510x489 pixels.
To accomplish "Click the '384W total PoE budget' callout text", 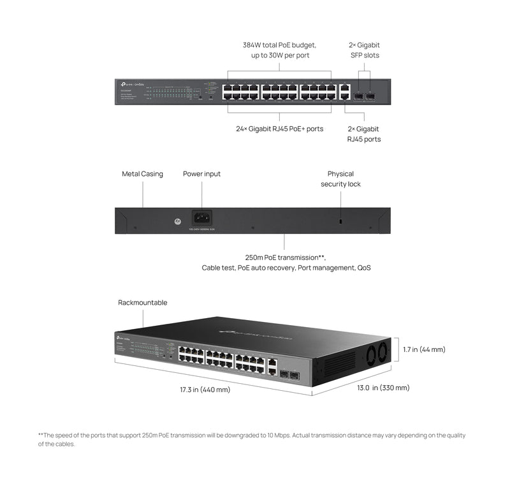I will (279, 45).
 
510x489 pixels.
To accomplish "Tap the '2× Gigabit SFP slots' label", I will (364, 50).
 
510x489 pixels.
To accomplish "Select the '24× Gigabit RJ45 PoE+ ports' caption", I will (279, 129).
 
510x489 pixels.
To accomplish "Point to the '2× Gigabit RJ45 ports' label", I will (364, 134).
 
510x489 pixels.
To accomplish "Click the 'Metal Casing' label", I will (142, 174).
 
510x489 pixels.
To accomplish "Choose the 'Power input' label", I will (201, 174).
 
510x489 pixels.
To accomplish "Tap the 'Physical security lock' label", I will (340, 179).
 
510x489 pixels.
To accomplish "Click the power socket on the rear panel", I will (202, 217).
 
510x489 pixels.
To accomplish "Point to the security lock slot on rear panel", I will (340, 221).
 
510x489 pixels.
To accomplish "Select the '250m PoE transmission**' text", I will (285, 258).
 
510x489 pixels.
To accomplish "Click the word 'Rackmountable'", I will (142, 302).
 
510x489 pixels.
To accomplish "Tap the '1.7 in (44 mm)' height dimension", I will (424, 349).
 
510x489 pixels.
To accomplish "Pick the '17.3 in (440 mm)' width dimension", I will (205, 389).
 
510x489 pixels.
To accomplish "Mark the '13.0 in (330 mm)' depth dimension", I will (382, 388).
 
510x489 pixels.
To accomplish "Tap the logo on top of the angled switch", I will (255, 332).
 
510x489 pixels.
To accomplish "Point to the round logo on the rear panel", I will (169, 220).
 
